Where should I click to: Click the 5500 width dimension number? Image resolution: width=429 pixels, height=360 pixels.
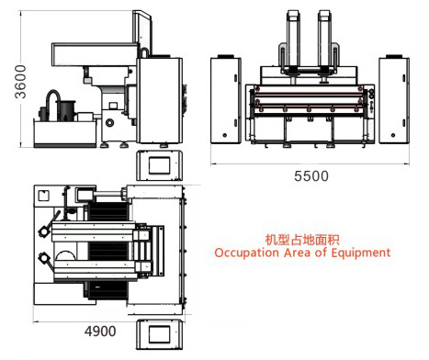click(x=306, y=178)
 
